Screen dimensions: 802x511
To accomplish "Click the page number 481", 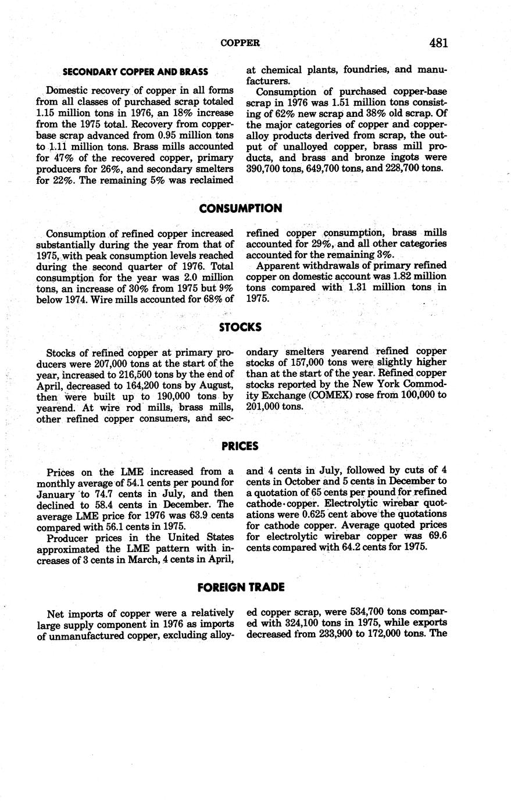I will tap(438, 42).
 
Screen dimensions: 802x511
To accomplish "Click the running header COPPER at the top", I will tap(240, 43).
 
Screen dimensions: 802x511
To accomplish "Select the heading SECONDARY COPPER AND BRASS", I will tap(135, 72).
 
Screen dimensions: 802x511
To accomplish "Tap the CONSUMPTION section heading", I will tap(240, 208).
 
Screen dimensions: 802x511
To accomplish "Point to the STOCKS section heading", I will tap(240, 327).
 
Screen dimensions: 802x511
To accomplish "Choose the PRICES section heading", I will tap(240, 446).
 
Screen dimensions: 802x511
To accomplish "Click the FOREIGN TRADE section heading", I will tap(241, 587).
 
